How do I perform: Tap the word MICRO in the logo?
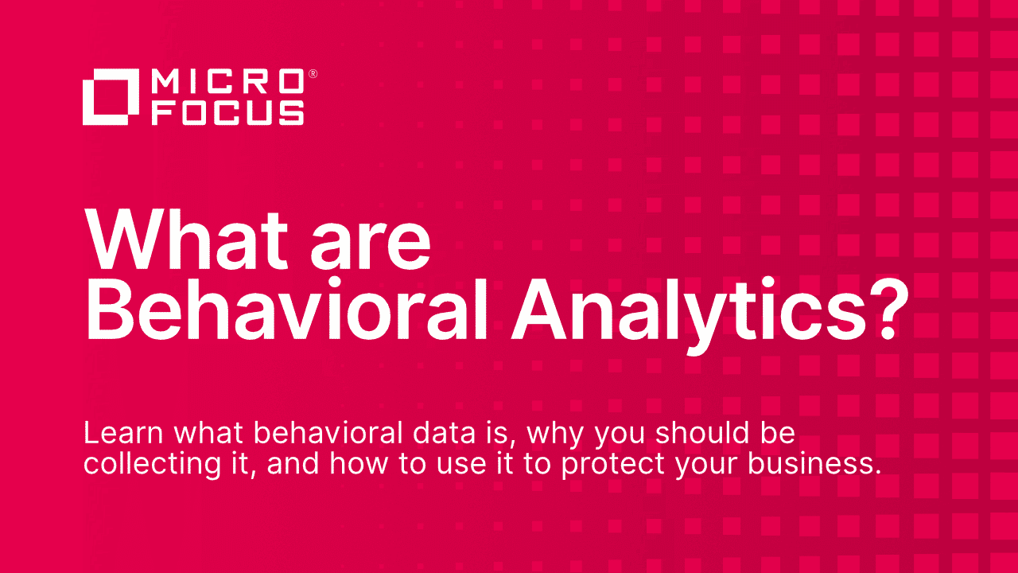tap(227, 81)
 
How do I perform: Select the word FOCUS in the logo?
tap(227, 112)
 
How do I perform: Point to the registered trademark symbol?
tap(313, 73)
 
